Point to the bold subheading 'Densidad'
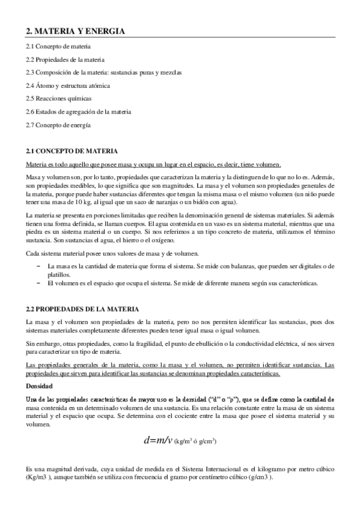pyautogui.click(x=39, y=386)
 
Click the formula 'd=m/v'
pyautogui.click(x=157, y=440)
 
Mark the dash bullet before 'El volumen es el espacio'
pyautogui.click(x=38, y=283)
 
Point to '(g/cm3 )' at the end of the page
pyautogui.click(x=259, y=478)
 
